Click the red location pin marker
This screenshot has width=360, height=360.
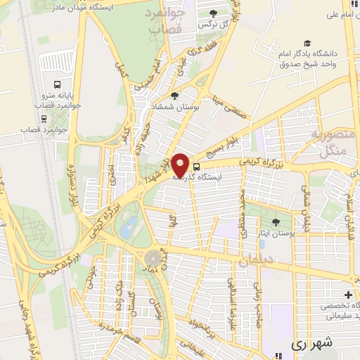click(181, 165)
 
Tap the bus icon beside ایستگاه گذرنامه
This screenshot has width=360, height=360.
click(196, 167)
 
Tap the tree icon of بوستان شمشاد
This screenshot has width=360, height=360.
click(175, 96)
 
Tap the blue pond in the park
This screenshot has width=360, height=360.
click(129, 226)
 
